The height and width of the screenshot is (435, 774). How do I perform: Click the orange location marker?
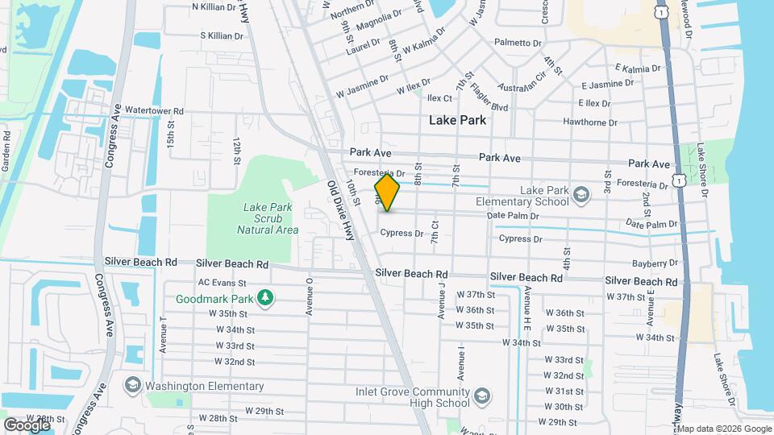click(387, 193)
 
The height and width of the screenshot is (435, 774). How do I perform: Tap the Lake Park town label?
click(457, 120)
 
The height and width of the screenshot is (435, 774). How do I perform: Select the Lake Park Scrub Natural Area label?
click(268, 218)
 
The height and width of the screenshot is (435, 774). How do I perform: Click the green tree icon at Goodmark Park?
click(265, 300)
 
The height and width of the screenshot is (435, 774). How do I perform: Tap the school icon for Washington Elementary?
click(132, 385)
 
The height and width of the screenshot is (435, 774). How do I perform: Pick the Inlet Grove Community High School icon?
click(481, 397)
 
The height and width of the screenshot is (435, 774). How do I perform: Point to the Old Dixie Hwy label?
click(340, 209)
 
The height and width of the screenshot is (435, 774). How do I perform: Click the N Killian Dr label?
click(217, 6)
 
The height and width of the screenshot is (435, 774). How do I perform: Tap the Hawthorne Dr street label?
click(590, 122)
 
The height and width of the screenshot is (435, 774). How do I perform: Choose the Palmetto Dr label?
click(518, 43)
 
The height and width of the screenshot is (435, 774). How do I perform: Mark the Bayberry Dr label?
click(655, 263)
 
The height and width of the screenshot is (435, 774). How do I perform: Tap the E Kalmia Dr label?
click(637, 69)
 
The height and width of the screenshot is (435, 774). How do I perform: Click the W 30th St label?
click(563, 407)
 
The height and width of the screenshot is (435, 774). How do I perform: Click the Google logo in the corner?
click(27, 425)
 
